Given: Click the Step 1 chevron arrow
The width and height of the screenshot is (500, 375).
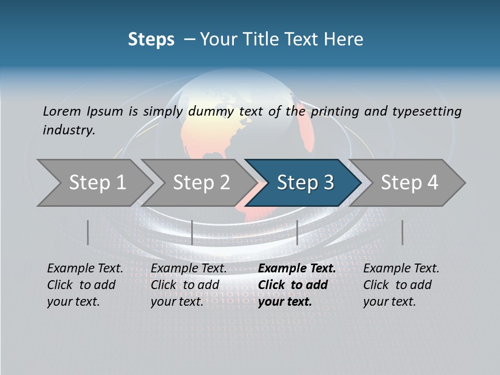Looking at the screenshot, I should coord(94,183).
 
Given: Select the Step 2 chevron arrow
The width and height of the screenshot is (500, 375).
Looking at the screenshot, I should coord(201,183).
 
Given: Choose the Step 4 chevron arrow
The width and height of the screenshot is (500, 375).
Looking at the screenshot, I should coord(409,183).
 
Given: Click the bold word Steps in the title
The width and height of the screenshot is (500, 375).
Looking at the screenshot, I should coord(151,39).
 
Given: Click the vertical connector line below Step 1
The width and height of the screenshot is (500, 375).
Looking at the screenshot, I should coord(88,232).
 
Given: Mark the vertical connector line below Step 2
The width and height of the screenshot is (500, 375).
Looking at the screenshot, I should coord(192,232).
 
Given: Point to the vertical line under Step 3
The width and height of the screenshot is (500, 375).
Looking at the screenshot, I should coord(297,232).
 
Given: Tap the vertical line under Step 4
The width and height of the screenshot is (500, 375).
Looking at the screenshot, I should coord(402,232).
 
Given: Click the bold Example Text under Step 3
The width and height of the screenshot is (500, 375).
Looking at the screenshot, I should coord(297,269).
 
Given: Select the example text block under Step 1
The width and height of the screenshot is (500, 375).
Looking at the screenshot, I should coord(85,285).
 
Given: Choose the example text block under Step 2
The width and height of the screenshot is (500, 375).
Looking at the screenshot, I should coord(189,285).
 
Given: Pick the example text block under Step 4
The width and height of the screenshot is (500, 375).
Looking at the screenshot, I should coord(401,285).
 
